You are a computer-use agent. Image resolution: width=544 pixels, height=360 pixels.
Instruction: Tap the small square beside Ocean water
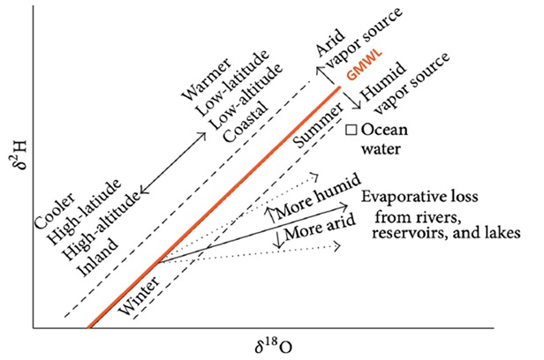pos(351,130)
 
